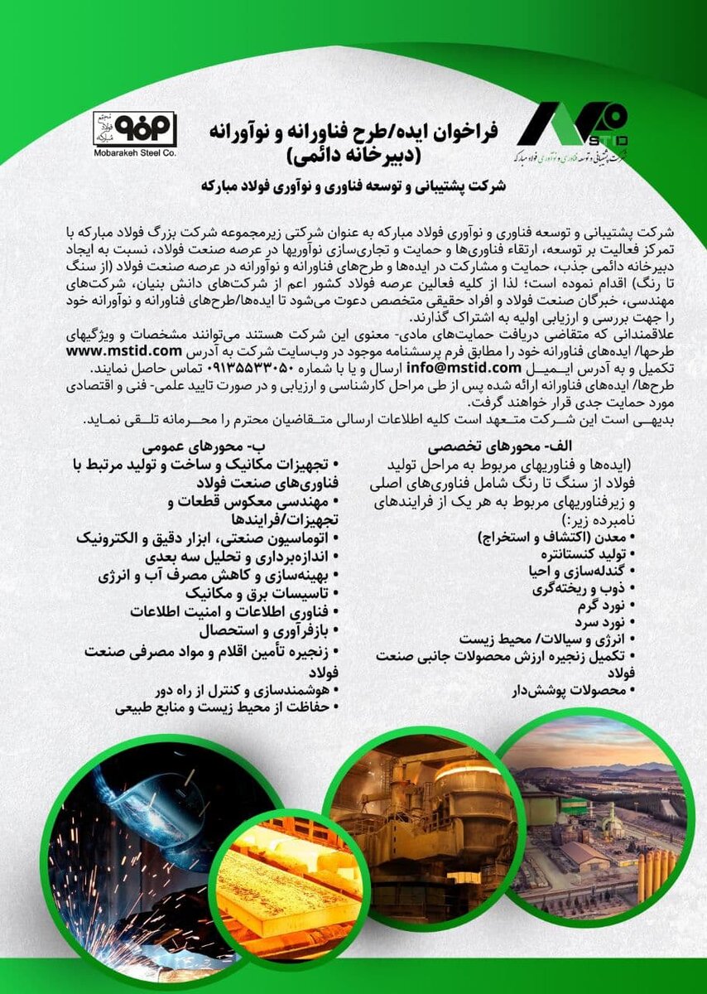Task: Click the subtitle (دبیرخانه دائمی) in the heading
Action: tap(354, 154)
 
